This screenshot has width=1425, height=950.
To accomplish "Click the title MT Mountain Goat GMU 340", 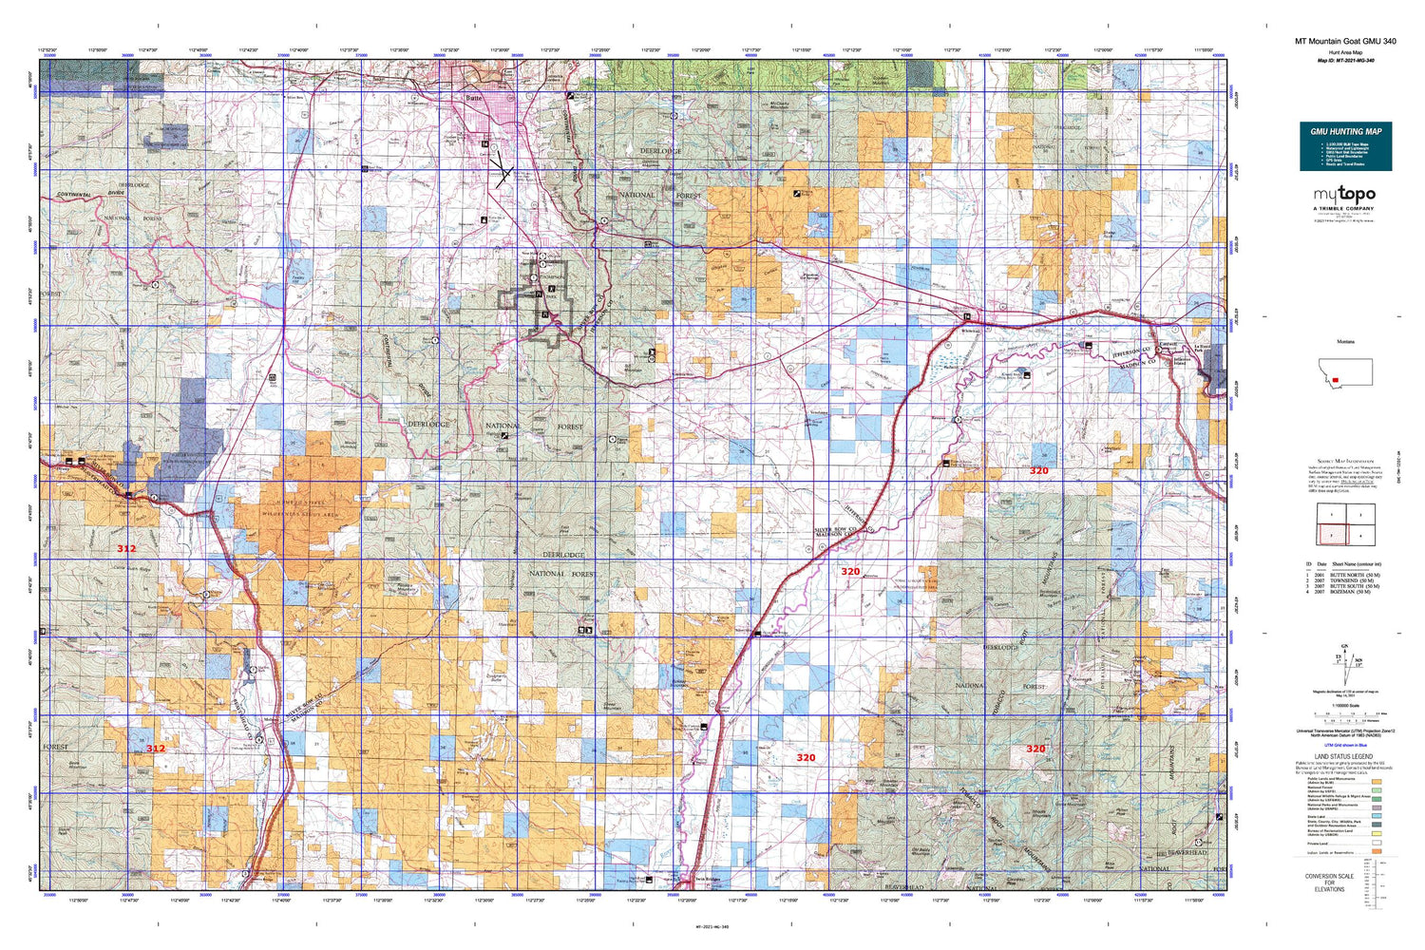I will tap(1345, 41).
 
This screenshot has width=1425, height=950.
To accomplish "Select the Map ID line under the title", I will tap(1345, 60).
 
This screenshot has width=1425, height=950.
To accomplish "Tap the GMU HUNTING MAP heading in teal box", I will tap(1345, 131).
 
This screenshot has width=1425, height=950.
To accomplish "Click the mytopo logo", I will tap(1344, 195).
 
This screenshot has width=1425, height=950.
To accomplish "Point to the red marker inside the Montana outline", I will tap(1335, 378).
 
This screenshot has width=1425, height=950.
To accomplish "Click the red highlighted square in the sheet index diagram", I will tap(1332, 534).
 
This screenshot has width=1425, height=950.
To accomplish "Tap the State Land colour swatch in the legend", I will tap(1376, 815).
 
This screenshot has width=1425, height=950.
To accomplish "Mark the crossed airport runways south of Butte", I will tap(501, 173).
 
